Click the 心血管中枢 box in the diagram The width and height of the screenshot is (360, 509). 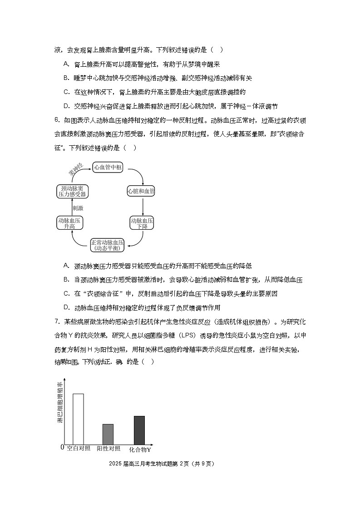coord(108,167)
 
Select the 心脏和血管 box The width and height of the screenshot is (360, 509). coord(141,191)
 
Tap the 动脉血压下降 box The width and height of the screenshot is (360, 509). coord(142,223)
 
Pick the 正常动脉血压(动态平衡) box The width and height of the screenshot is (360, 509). coord(107,245)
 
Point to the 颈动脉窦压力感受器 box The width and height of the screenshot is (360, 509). coord(72,191)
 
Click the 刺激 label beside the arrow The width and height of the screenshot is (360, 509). coord(78,208)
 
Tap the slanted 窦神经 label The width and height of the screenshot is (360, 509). coord(75,170)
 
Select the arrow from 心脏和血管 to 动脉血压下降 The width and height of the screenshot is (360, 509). coord(142,206)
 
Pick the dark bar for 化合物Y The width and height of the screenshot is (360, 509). coord(139,430)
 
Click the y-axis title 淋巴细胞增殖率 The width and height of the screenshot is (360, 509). coord(59,403)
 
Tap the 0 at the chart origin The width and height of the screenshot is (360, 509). coord(62,448)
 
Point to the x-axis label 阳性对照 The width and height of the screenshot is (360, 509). coord(109,449)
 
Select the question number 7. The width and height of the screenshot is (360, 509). coord(57,322)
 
